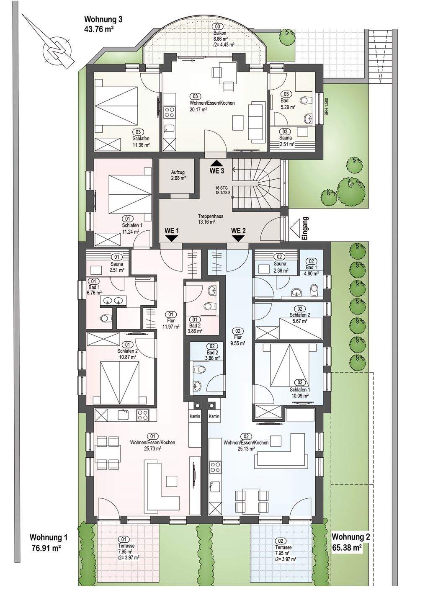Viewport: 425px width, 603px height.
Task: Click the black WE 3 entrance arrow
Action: [217, 162]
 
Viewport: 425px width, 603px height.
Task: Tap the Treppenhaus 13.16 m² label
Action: [207, 219]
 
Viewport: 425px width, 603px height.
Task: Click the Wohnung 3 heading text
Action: [103, 19]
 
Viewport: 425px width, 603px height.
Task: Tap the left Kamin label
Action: [195, 416]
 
